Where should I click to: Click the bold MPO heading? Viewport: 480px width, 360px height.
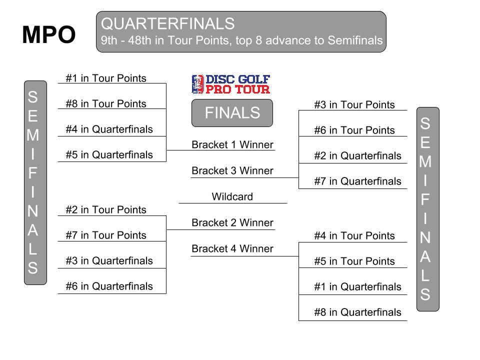[49, 34]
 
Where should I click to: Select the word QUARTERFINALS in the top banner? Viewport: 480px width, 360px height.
[168, 23]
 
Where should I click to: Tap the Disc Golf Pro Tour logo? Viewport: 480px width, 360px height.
[231, 84]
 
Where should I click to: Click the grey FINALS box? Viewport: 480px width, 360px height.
[232, 112]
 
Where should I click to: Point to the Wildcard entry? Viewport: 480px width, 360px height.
[232, 196]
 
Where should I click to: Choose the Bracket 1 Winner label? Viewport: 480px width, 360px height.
[232, 144]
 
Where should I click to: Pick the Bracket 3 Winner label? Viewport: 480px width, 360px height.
[232, 170]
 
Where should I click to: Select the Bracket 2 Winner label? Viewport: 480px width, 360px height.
[232, 222]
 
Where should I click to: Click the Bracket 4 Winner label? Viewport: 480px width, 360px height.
[232, 248]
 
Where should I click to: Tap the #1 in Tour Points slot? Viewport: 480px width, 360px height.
[106, 78]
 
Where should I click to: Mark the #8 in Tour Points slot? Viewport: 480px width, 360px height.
[106, 103]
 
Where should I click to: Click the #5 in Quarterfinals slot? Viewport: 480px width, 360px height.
[109, 154]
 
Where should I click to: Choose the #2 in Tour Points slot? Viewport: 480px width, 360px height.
[106, 209]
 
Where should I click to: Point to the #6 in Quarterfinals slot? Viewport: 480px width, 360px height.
[109, 286]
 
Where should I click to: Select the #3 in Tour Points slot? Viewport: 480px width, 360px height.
[354, 104]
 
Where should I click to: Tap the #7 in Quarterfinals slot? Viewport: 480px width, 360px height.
[358, 181]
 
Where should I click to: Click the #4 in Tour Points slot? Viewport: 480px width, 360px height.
[354, 235]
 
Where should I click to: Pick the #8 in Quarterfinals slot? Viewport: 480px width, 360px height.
[358, 312]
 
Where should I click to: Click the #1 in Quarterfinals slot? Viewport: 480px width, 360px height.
[358, 287]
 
